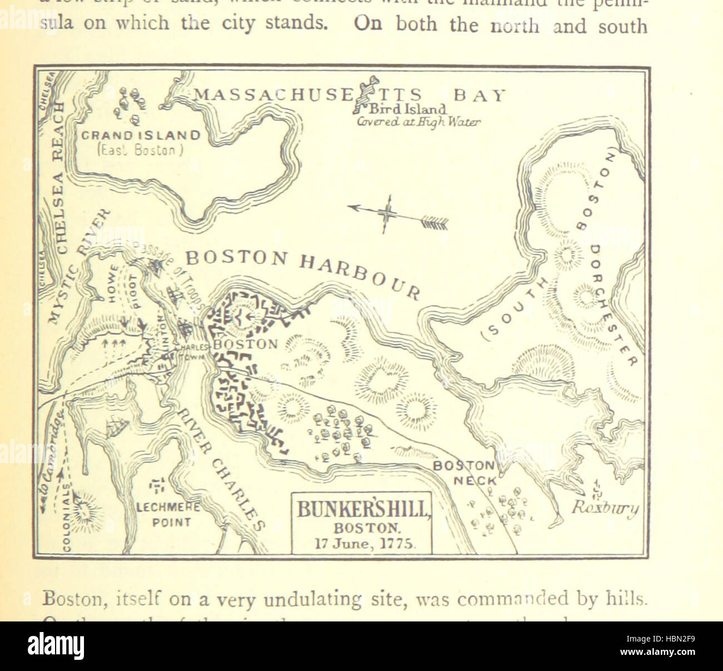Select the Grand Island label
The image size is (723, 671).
coord(140,135)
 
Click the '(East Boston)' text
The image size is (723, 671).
coord(140,150)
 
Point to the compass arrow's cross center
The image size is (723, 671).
coord(387,214)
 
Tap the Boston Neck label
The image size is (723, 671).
coord(463,471)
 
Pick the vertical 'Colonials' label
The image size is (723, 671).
coord(66,518)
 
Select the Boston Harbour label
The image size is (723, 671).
coord(303,271)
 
